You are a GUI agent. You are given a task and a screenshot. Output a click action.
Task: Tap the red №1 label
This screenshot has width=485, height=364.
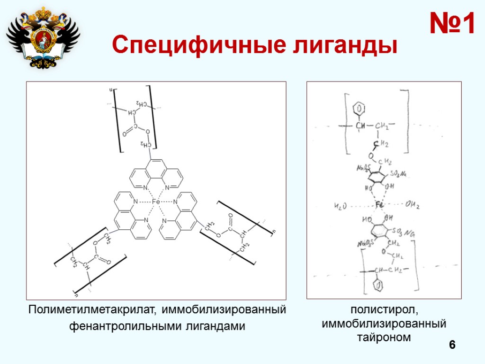(x=452, y=24)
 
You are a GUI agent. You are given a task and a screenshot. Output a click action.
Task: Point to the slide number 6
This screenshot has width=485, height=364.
(x=452, y=345)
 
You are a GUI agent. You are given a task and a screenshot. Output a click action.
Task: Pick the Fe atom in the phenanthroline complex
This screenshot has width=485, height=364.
(x=156, y=202)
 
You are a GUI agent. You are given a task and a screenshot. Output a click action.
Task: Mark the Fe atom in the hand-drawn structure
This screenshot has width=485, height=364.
(x=379, y=205)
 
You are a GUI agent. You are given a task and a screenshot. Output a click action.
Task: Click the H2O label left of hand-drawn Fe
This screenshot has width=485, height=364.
(x=341, y=206)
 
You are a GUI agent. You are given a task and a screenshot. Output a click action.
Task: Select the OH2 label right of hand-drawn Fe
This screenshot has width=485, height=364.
(x=413, y=205)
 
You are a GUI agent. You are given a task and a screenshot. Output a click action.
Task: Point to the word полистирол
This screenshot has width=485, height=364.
(x=384, y=310)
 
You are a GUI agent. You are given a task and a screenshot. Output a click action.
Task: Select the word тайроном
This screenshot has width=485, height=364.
(x=384, y=337)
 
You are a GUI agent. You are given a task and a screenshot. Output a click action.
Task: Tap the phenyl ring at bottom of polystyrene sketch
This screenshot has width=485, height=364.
(x=378, y=286)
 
